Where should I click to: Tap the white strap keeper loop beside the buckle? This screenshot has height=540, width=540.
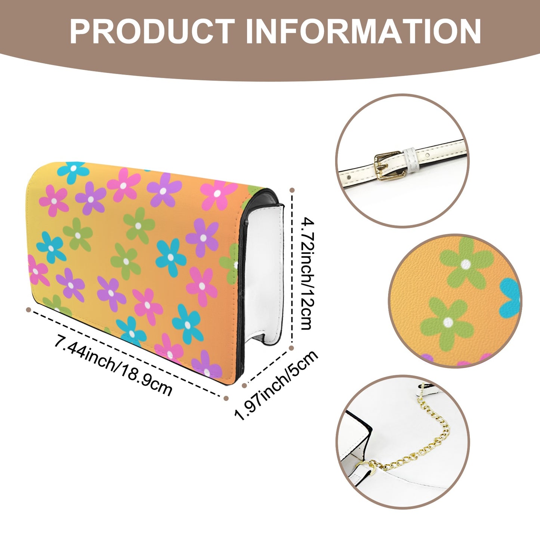click(x=411, y=160)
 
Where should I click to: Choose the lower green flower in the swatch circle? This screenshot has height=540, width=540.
click(x=448, y=323)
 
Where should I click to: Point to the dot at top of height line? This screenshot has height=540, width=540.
click(x=292, y=190)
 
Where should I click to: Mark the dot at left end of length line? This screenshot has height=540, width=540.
click(x=28, y=309)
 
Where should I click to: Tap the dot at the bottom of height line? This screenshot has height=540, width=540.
click(x=291, y=348)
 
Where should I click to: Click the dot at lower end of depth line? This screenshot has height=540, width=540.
click(x=244, y=386)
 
